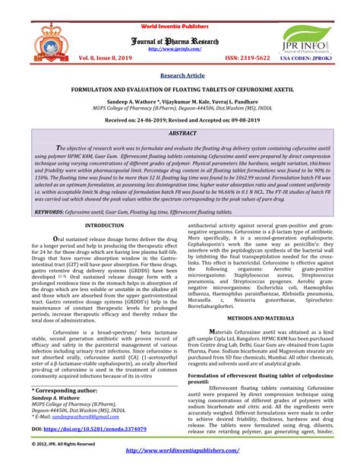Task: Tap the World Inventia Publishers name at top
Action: pyautogui.click(x=179, y=6)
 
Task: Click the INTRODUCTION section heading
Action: pyautogui.click(x=106, y=227)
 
